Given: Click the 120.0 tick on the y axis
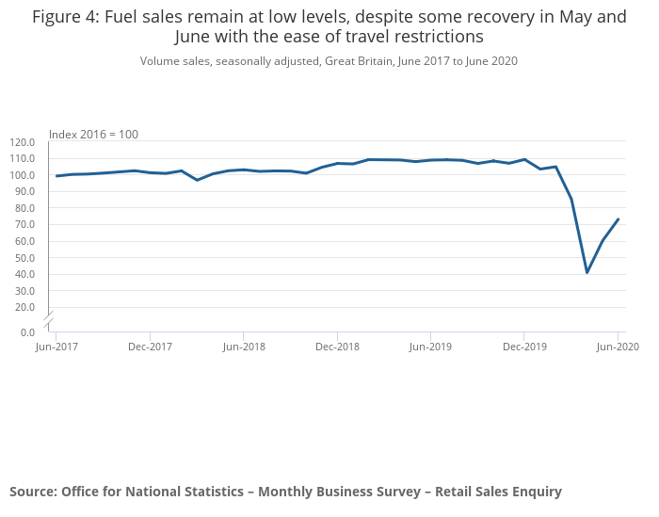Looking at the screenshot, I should coord(23,142).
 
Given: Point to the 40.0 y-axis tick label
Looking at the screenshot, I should coord(23,274).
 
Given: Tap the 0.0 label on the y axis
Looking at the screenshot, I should coord(27,332).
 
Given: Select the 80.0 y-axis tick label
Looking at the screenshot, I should coord(23,208).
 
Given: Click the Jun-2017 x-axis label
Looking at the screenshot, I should coord(56,347).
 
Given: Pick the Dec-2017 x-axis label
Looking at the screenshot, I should coord(150,347).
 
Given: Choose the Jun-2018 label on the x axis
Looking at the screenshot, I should coord(243,347).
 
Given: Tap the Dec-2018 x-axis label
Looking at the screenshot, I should coord(337,347).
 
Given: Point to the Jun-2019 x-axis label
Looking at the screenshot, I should coord(430,347).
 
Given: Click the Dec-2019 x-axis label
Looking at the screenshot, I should coord(523,347).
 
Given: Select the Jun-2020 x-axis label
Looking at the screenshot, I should coord(618,347).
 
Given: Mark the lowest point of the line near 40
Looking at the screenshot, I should coord(587,272).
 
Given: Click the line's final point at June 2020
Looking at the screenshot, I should coord(618,219).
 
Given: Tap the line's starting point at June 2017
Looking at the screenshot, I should coord(56,176).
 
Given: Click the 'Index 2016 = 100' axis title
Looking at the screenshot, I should coord(93,135).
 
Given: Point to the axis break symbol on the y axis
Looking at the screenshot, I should coord(49,318).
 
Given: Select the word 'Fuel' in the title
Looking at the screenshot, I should coord(125,17).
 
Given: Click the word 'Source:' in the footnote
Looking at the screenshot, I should coord(33,492).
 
